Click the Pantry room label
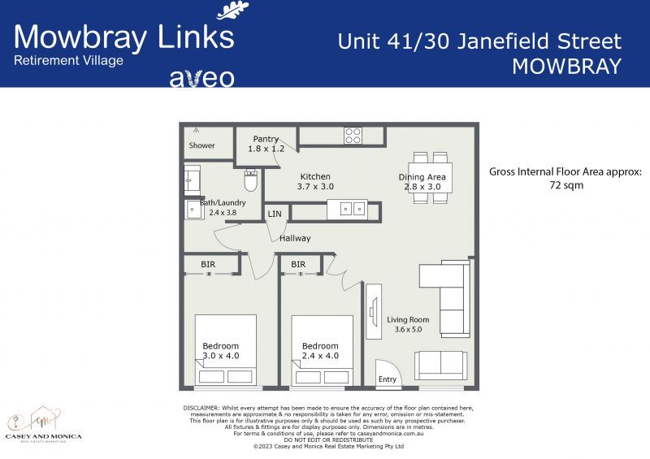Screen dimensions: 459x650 point(266,139)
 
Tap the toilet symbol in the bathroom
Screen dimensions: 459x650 point(251,181)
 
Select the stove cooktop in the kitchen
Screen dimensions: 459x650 point(353,135)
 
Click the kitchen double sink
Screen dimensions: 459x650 point(347,209)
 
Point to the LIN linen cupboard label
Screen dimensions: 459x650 point(275,214)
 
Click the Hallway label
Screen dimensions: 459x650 point(295,238)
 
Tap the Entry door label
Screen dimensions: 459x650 point(388,379)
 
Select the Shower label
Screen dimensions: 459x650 point(202,145)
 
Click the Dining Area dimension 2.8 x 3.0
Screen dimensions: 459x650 point(422,187)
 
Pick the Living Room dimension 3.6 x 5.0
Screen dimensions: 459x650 point(408,330)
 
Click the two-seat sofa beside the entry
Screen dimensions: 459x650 point(440,364)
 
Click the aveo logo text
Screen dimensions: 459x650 point(201,78)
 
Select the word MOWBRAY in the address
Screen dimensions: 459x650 point(566,67)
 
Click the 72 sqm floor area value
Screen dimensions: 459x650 point(565,185)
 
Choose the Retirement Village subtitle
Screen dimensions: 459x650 point(68,60)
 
